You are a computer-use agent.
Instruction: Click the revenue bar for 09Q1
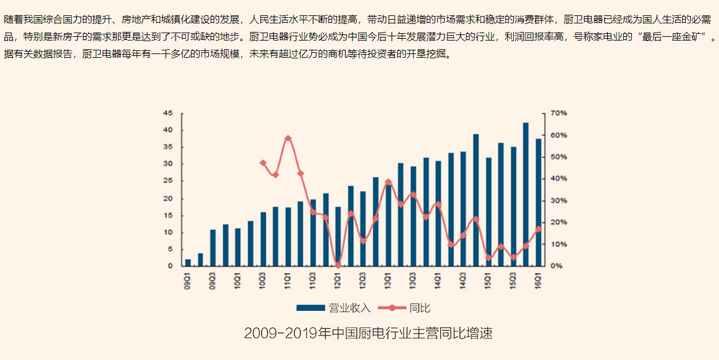[188, 263]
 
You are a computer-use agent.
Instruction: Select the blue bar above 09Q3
[213, 248]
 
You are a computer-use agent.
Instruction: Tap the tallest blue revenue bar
[526, 194]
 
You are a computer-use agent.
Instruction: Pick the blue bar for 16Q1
[538, 203]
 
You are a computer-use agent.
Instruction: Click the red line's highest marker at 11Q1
[288, 138]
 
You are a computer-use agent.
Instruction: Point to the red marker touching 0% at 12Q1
[338, 265]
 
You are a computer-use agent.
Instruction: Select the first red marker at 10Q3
[263, 163]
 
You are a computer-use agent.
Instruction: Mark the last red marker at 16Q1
[538, 229]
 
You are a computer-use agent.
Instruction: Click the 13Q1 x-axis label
[388, 281]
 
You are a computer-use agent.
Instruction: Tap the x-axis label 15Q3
[513, 281]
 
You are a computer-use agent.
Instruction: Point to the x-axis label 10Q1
[238, 281]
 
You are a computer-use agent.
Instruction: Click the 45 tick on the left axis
[168, 114]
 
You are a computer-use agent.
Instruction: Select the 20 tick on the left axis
[168, 198]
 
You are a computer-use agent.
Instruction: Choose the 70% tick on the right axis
[559, 114]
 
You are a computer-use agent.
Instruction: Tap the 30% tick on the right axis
[559, 201]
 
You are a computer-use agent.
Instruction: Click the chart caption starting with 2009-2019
[368, 334]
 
